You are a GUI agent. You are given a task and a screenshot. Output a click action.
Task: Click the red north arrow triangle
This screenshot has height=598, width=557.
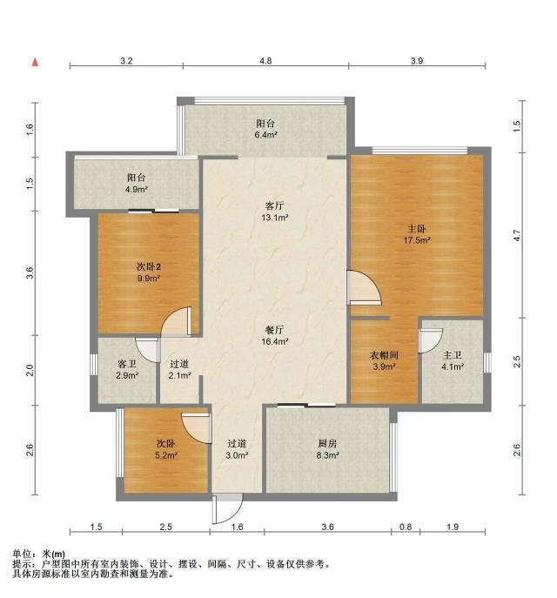coord(35,62)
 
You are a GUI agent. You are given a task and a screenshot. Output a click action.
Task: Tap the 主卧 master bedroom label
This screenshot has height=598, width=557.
coord(416,229)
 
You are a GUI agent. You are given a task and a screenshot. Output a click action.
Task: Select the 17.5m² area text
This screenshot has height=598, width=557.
coord(417,240)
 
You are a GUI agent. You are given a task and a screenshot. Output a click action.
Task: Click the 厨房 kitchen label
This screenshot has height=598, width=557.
coord(327,444)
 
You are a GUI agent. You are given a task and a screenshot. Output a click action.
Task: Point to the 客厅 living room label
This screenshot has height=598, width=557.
coord(274,206)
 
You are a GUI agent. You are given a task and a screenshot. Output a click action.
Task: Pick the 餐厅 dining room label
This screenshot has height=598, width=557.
coord(274,330)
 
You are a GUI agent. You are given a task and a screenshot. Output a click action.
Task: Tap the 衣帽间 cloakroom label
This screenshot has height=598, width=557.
coord(384,355)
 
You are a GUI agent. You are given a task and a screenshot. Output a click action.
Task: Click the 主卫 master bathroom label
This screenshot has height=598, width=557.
coord(453,355)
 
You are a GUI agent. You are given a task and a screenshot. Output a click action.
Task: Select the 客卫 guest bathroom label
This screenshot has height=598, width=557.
coord(127,364)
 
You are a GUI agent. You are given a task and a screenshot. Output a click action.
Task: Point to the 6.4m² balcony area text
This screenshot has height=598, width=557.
coord(265,135)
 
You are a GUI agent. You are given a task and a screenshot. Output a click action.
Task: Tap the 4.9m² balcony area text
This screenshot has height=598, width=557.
coord(137,189)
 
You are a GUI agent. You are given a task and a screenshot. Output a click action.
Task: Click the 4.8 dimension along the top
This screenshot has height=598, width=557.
coord(265,61)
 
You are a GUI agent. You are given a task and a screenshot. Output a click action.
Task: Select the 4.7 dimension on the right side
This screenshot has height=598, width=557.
coord(517,235)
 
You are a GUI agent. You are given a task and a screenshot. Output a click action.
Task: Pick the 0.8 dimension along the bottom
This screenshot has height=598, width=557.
coord(406,527)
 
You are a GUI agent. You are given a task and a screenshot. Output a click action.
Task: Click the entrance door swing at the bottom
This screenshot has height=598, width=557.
coord(228,508)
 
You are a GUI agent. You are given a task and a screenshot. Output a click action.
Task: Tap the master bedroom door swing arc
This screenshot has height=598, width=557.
coord(365,287)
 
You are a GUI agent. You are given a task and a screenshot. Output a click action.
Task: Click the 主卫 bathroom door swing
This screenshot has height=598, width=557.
coord(431,340)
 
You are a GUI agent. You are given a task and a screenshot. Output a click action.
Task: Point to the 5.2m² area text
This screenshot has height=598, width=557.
coord(166,455)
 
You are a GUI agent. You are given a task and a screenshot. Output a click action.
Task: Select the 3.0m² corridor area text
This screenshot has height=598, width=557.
coord(237,455)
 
